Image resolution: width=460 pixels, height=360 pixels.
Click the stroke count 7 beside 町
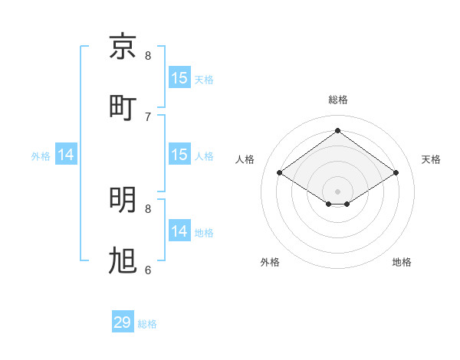(x=148, y=116)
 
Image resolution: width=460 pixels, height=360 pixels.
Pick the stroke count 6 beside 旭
(x=148, y=270)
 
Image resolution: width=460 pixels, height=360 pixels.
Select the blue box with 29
(x=123, y=322)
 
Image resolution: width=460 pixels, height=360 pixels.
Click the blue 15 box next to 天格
(x=179, y=78)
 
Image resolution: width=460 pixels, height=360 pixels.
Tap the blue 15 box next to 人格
(x=179, y=155)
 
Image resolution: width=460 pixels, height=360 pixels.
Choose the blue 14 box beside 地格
(x=179, y=231)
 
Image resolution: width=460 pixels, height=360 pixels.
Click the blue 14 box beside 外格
(x=66, y=155)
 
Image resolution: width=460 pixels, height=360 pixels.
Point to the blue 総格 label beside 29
(x=147, y=324)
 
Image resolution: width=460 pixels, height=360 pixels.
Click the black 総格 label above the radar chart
(x=338, y=100)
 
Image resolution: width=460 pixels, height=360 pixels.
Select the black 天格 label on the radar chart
(x=431, y=159)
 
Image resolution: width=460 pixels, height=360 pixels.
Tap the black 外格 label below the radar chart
(x=270, y=262)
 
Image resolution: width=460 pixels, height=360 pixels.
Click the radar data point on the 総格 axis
(x=338, y=131)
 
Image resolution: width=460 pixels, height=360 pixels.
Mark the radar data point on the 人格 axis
(x=280, y=173)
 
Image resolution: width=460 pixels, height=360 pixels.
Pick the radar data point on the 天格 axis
(x=396, y=173)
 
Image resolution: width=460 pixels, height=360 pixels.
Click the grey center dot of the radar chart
(x=338, y=191)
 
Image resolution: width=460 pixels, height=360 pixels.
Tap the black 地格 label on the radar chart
(x=402, y=262)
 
